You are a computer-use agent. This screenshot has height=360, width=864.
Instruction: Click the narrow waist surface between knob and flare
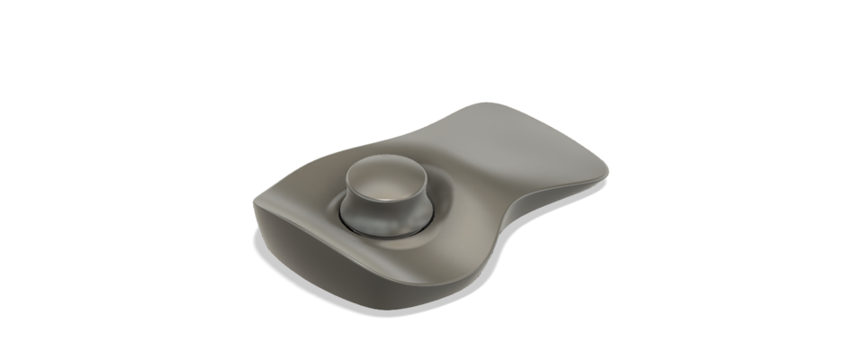pyautogui.click(x=477, y=171)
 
